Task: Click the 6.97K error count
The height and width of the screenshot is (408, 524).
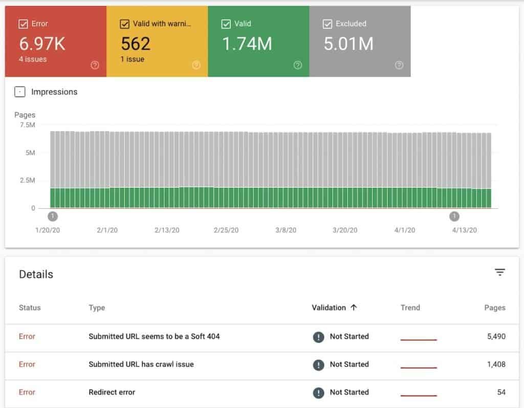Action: pyautogui.click(x=42, y=44)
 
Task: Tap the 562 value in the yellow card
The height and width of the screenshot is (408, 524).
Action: pyautogui.click(x=136, y=44)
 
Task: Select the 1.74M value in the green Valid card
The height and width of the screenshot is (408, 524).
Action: pyautogui.click(x=247, y=44)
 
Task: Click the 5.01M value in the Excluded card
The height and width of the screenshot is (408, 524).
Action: pyautogui.click(x=348, y=44)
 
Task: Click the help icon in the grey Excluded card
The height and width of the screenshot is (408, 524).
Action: pyautogui.click(x=399, y=65)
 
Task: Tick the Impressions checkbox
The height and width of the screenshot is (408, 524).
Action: pyautogui.click(x=20, y=92)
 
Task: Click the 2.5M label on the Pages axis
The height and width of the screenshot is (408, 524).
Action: pyautogui.click(x=27, y=181)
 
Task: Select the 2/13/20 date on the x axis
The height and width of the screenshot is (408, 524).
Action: pyautogui.click(x=167, y=230)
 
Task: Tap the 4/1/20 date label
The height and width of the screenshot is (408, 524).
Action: pyautogui.click(x=405, y=230)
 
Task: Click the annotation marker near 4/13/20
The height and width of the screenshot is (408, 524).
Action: pyautogui.click(x=454, y=216)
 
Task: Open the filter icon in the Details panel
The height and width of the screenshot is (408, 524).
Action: pyautogui.click(x=500, y=272)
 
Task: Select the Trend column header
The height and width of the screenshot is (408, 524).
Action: pyautogui.click(x=410, y=308)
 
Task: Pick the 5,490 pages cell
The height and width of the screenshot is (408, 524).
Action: pyautogui.click(x=496, y=336)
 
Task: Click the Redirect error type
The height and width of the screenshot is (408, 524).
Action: pyautogui.click(x=112, y=392)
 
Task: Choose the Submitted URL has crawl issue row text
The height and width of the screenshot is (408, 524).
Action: pyautogui.click(x=141, y=364)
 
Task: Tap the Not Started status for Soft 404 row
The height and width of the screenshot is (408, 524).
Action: pyautogui.click(x=349, y=336)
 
